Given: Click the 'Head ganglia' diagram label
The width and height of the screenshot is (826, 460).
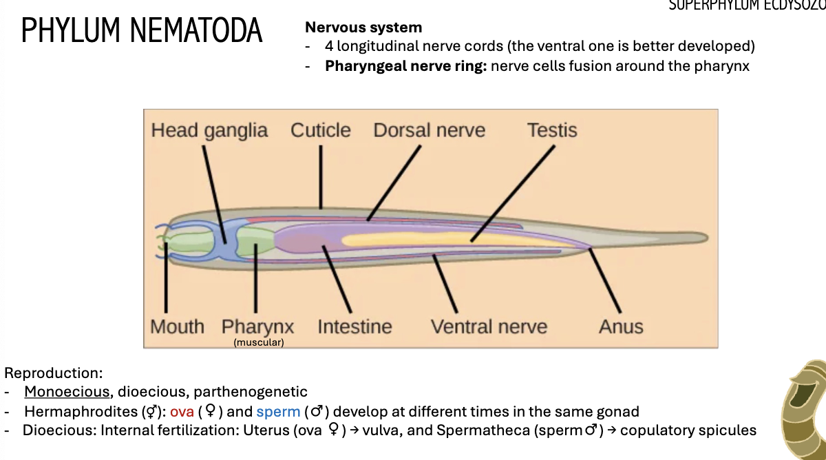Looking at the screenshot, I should click(209, 130).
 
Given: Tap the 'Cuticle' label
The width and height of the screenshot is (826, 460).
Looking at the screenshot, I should click(320, 130).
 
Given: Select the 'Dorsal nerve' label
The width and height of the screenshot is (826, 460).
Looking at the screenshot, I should click(429, 130).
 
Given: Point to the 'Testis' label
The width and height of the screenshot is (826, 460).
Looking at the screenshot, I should click(552, 130).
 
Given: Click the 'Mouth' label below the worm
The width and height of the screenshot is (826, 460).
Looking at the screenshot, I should click(177, 326).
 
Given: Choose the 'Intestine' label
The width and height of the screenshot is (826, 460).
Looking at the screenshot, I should click(354, 326).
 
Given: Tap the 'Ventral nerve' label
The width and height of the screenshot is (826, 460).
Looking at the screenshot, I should click(489, 326).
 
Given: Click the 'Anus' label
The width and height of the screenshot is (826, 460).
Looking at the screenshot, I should click(621, 326).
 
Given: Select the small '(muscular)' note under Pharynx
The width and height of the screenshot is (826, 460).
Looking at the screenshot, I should click(259, 342).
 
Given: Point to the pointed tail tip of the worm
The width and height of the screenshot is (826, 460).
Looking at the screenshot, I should click(703, 238).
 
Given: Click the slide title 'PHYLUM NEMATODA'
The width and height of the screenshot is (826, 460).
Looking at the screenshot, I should click(142, 32).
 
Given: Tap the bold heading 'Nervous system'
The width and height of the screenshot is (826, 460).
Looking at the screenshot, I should click(363, 28).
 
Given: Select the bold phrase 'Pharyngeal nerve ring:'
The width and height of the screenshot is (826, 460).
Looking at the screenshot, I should click(406, 66).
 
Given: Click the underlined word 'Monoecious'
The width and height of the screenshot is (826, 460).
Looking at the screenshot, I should click(67, 392).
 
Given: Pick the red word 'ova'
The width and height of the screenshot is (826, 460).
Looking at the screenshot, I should click(182, 412).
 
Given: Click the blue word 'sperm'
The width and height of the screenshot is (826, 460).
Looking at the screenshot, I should click(278, 412).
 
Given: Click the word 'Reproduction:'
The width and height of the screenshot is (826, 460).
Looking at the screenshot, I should click(53, 373).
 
